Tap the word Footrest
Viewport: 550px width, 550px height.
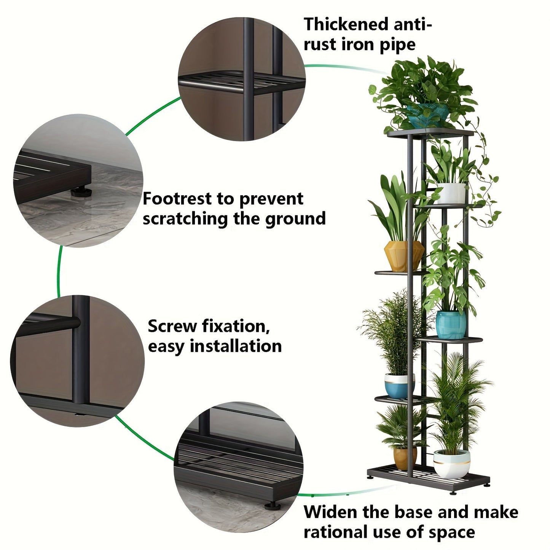[177, 199]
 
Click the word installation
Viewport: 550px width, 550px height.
[236, 346]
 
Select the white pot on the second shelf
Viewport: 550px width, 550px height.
[451, 193]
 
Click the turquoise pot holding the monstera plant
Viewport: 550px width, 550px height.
[451, 325]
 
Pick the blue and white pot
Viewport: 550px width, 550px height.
[399, 386]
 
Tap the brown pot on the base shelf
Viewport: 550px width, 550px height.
[404, 458]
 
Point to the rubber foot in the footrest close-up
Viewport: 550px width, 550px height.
[81, 191]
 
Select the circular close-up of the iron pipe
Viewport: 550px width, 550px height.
[242, 79]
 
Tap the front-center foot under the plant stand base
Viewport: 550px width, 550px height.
[453, 493]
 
